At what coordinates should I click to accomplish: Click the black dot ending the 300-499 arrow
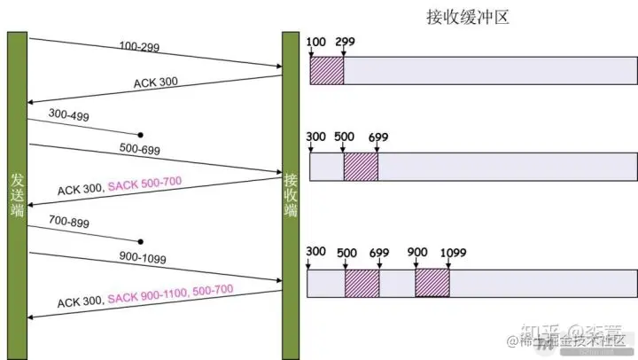140,135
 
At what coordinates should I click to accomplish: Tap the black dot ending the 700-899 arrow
140,240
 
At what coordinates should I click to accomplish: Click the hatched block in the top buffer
326,71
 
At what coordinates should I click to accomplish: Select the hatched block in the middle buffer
361,166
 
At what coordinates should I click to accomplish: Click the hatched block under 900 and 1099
432,282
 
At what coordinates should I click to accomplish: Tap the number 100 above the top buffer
315,43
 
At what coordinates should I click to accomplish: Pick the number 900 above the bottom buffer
416,252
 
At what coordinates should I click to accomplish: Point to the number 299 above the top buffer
345,43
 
